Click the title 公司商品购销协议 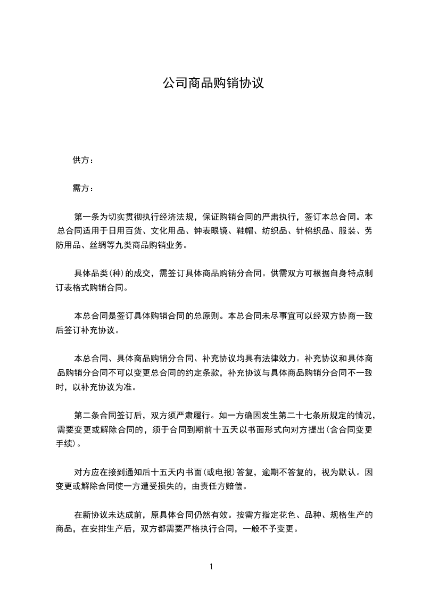(213, 84)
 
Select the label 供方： (83, 160)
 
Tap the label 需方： (83, 188)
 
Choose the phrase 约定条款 (203, 372)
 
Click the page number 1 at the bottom (211, 567)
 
